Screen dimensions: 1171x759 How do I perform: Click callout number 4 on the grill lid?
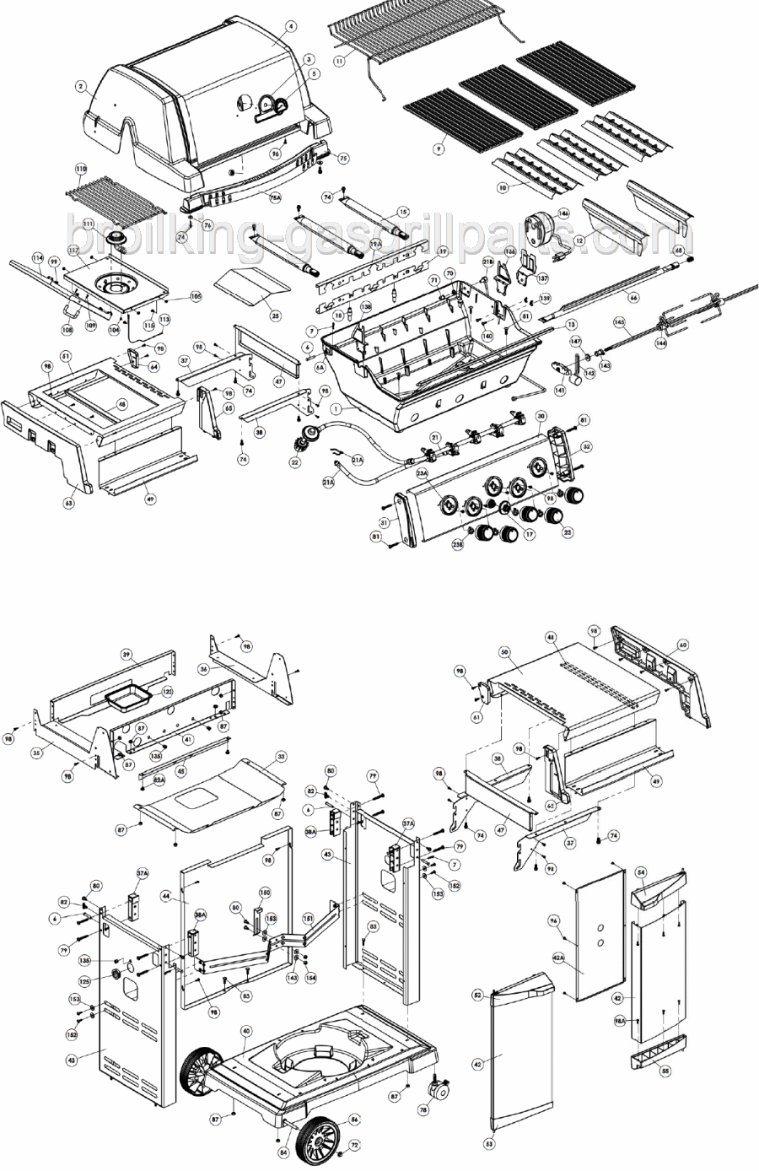(x=291, y=26)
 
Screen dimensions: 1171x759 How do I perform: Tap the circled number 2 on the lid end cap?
(x=81, y=86)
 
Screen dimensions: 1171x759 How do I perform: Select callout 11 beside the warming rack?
(x=339, y=61)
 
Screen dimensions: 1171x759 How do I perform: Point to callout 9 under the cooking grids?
(x=438, y=148)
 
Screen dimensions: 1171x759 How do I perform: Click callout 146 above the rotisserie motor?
(x=563, y=213)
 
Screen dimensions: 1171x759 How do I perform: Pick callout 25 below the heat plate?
(x=275, y=316)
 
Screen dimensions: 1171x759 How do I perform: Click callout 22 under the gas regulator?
(x=294, y=463)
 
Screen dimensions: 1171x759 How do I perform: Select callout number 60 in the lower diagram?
(x=682, y=645)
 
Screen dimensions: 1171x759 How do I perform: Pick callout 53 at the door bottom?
(x=488, y=1145)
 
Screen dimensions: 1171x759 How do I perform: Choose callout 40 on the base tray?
(x=245, y=1031)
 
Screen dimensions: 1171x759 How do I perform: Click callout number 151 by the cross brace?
(x=309, y=918)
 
